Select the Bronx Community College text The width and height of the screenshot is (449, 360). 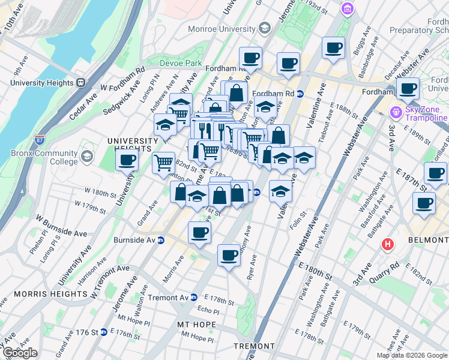[x=44, y=157]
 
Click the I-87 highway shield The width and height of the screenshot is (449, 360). [x=40, y=138]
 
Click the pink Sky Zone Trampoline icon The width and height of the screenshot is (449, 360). [x=396, y=112]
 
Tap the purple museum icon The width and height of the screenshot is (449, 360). [x=347, y=8]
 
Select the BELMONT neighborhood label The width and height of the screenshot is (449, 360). [x=429, y=240]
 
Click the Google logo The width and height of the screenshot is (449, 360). [x=20, y=353]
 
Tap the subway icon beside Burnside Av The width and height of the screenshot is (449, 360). [x=161, y=240]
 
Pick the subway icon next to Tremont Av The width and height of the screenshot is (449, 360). [x=193, y=298]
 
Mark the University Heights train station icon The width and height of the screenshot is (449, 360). [x=80, y=83]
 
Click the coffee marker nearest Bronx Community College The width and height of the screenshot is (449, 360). [x=127, y=160]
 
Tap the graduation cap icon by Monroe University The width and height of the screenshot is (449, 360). [x=264, y=28]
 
